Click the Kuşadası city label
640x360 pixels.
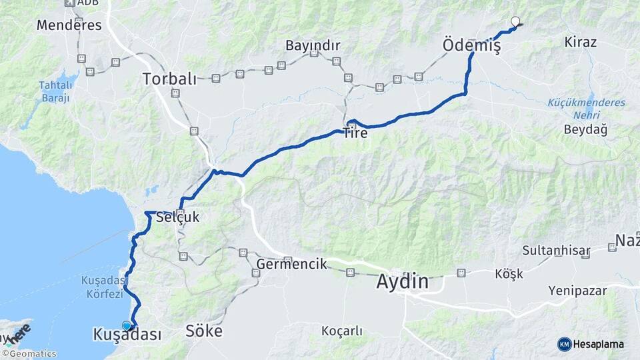127,335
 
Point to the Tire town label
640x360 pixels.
355,133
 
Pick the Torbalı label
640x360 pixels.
169,79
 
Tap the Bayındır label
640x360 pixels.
313,45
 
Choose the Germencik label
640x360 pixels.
291,264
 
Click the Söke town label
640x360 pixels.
203,331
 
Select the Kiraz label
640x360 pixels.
580,42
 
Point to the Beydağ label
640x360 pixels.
585,129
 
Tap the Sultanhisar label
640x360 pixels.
556,251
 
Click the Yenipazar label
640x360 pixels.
577,291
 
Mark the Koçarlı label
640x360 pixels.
341,331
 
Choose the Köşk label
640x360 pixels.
509,273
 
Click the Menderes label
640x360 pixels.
69,25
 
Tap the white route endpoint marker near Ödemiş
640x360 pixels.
515,21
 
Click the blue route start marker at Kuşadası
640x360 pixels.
127,325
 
